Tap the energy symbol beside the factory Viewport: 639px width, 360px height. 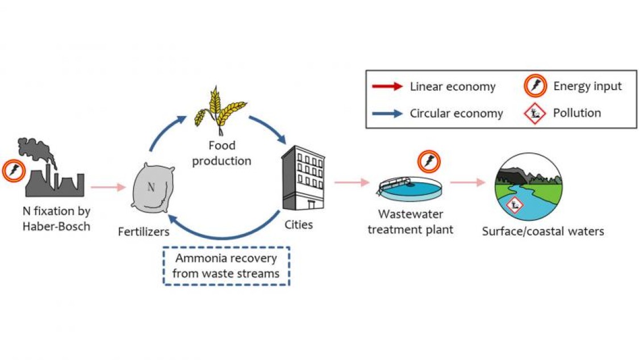pyautogui.click(x=14, y=170)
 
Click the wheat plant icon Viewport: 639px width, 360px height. pyautogui.click(x=220, y=111)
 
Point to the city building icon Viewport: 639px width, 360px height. pyautogui.click(x=303, y=178)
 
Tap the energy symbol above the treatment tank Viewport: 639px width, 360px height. pyautogui.click(x=429, y=162)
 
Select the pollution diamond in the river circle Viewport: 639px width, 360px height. pyautogui.click(x=514, y=205)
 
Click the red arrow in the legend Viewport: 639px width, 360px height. pyautogui.click(x=387, y=86)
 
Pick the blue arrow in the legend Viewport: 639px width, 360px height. pyautogui.click(x=387, y=113)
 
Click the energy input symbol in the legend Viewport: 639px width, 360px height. pyautogui.click(x=535, y=86)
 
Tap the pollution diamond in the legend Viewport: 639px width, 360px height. pyautogui.click(x=534, y=114)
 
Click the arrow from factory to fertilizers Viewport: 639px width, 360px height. pyautogui.click(x=108, y=187)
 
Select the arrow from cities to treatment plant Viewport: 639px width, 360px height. pyautogui.click(x=352, y=182)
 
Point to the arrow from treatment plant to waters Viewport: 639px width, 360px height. pyautogui.click(x=468, y=182)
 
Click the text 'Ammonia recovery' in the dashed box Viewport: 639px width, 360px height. pyautogui.click(x=226, y=258)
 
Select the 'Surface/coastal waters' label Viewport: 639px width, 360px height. pyautogui.click(x=543, y=231)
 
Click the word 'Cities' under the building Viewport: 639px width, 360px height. pyautogui.click(x=299, y=224)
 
